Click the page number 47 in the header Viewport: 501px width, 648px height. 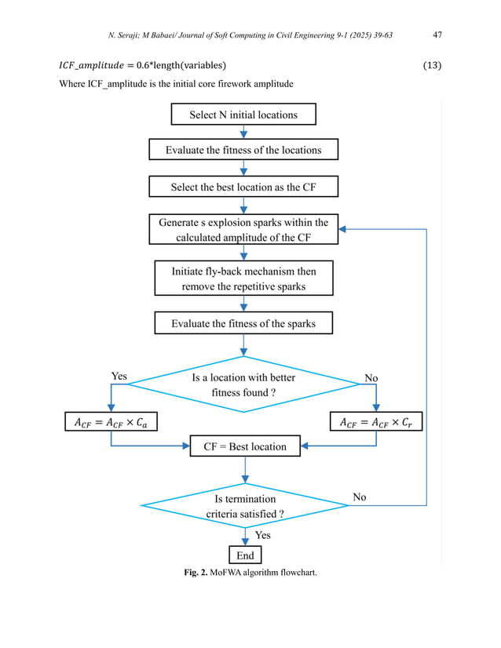(439, 35)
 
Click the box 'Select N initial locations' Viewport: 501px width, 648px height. (243, 115)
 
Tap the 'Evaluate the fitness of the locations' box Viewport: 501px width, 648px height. (243, 150)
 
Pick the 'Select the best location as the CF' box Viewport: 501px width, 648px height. (243, 187)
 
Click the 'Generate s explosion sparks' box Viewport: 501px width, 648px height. (243, 230)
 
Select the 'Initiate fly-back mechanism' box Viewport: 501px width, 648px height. (243, 278)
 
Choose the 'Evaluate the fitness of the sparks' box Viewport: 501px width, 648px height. (243, 322)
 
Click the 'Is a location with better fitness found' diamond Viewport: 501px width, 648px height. (243, 384)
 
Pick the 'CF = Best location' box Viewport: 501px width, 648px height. (245, 446)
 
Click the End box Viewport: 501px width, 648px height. (245, 555)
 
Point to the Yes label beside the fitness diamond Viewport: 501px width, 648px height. (119, 377)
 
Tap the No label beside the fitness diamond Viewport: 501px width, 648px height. (371, 378)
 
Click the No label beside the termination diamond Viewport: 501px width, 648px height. (359, 497)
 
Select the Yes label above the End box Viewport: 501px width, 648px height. (263, 535)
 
